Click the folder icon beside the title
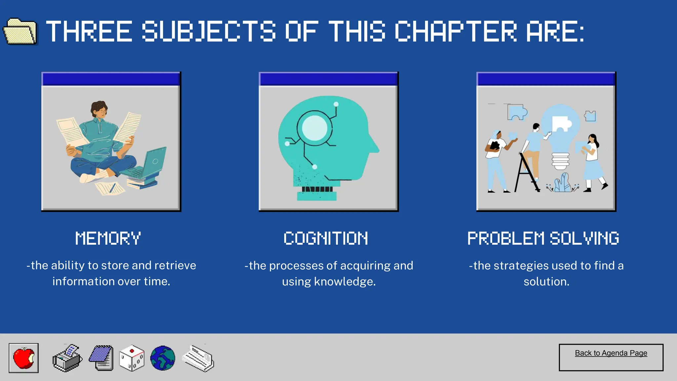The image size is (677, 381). tap(20, 32)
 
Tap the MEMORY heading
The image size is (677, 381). tap(108, 238)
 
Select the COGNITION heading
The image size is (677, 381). tap(326, 238)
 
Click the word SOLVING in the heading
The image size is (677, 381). tap(584, 238)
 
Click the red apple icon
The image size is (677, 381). tap(23, 358)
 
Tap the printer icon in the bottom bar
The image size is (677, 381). tap(67, 359)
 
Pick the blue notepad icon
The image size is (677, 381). tap(102, 358)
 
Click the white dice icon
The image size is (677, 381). tap(132, 359)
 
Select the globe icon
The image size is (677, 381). tap(163, 358)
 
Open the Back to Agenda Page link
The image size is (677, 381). tap(611, 353)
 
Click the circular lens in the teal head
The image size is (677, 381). tap(314, 128)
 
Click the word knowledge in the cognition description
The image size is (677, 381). tap(345, 282)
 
